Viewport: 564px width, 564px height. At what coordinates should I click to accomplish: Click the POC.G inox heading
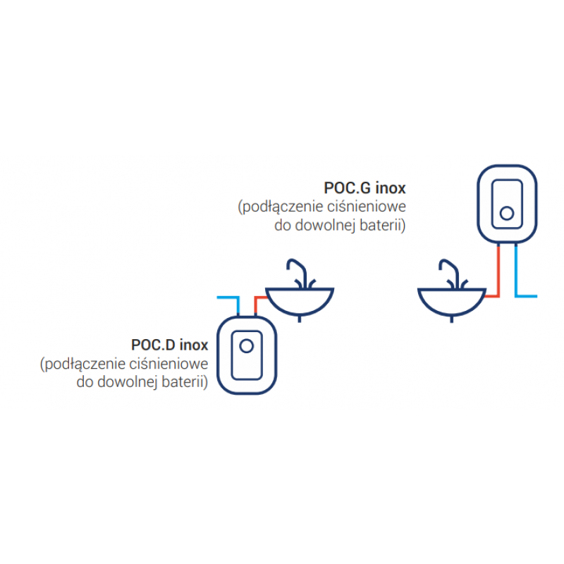(x=365, y=188)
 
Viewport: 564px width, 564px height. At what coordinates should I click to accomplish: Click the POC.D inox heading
(x=169, y=345)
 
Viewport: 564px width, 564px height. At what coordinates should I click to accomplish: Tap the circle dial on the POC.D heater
(x=247, y=346)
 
